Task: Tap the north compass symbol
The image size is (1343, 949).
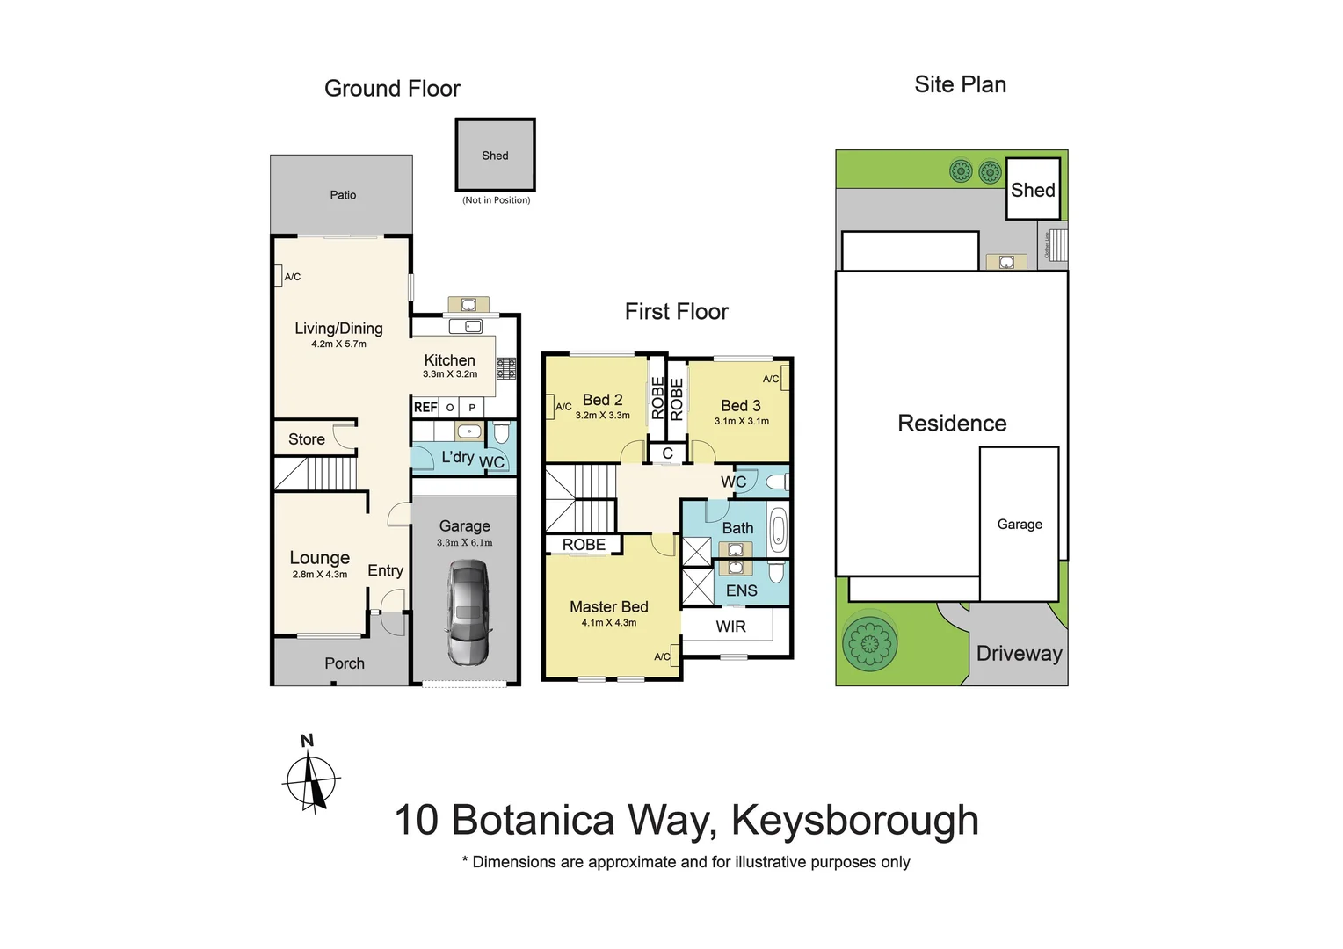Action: click(311, 778)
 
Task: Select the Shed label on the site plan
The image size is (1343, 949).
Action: click(1033, 190)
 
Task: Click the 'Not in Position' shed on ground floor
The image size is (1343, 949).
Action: click(495, 156)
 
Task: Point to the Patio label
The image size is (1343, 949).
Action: click(343, 195)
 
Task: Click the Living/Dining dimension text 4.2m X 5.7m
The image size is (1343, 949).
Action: click(338, 344)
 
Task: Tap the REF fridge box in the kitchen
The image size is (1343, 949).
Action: click(425, 408)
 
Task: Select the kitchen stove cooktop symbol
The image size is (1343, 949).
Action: click(506, 368)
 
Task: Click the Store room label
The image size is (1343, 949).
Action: click(307, 439)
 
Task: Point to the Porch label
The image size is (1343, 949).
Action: click(345, 663)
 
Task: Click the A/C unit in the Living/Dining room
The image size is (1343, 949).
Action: click(278, 276)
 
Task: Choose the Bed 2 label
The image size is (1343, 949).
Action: click(602, 400)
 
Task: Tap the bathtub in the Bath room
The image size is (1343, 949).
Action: click(778, 530)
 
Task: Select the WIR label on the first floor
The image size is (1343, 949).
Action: click(730, 627)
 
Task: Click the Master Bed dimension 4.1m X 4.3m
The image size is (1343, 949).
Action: click(608, 623)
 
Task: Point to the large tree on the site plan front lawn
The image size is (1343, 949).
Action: click(869, 643)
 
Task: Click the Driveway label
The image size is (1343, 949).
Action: click(1019, 654)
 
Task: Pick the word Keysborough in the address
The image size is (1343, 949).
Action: click(854, 821)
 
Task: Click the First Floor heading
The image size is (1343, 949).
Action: click(676, 312)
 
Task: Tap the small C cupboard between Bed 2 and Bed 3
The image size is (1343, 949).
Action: click(668, 453)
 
